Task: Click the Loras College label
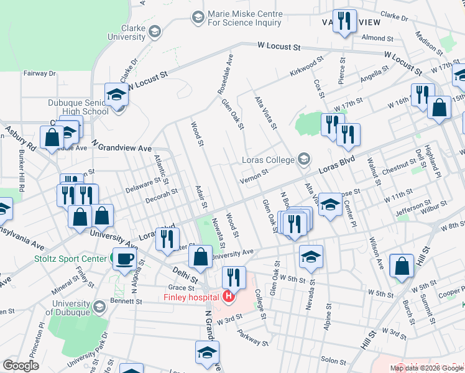267,160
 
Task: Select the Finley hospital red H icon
229,297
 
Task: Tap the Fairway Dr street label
39,73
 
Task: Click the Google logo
21,365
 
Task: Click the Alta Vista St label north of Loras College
264,113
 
